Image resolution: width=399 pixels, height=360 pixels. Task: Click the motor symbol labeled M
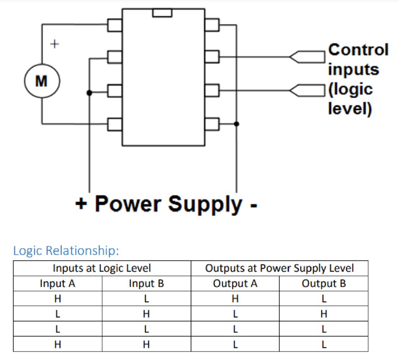coord(41,82)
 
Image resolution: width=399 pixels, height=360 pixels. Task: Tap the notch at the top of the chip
coord(162,13)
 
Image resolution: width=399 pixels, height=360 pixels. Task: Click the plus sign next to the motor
coord(54,44)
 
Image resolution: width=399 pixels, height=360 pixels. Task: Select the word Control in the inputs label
coord(358,50)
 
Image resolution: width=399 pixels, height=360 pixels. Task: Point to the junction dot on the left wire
coord(89,93)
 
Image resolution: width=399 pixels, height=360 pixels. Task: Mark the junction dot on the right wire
coord(236,124)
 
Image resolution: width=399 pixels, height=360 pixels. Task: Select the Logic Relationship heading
coord(66,251)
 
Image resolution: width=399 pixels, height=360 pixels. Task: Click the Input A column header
coord(58,284)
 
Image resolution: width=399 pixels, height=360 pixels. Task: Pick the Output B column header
coord(324,284)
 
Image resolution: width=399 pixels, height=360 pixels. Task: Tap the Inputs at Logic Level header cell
coord(102,268)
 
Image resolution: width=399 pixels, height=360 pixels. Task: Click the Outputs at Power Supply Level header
coord(279,268)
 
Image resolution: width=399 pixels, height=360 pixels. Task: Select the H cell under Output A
coord(235,299)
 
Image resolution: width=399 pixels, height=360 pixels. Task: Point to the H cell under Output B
coord(324,314)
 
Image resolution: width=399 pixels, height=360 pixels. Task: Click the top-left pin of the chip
coord(115,25)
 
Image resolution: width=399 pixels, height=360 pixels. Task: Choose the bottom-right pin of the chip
coord(212,124)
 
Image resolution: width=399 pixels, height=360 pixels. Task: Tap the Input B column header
coord(146,284)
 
